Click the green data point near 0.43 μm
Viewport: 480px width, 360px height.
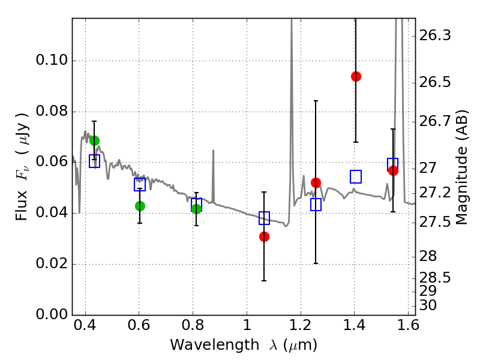pyautogui.click(x=94, y=140)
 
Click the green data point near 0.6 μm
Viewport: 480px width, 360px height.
pyautogui.click(x=140, y=206)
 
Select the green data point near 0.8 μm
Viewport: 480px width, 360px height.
pyautogui.click(x=196, y=208)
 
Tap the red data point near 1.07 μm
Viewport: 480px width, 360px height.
pyautogui.click(x=264, y=236)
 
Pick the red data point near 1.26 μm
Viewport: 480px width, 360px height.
pyautogui.click(x=316, y=182)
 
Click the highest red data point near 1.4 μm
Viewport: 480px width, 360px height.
pyautogui.click(x=356, y=76)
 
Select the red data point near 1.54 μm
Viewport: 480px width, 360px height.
pyautogui.click(x=393, y=170)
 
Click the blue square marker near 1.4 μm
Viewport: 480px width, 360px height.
pyautogui.click(x=356, y=176)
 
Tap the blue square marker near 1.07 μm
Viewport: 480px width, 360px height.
pyautogui.click(x=264, y=218)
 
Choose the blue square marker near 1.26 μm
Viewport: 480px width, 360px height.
pyautogui.click(x=316, y=205)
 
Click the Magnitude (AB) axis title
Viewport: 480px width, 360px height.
pyautogui.click(x=461, y=167)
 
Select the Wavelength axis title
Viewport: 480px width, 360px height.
pyautogui.click(x=243, y=345)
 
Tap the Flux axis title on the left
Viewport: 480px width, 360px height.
pyautogui.click(x=22, y=158)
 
